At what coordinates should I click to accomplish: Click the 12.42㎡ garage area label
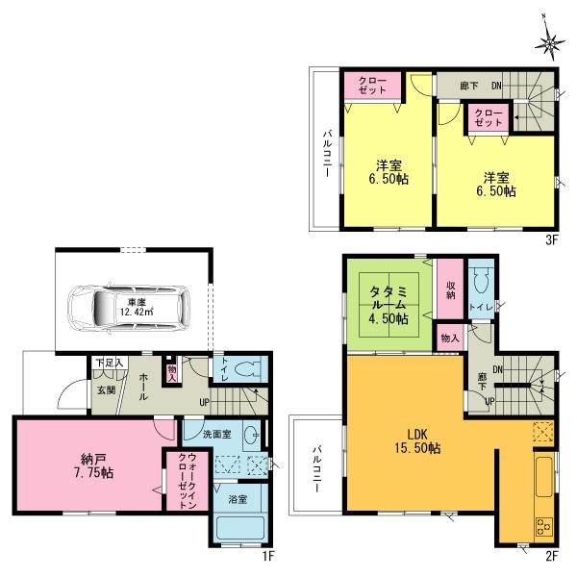tap(136, 310)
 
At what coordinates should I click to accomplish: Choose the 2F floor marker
tap(552, 557)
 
